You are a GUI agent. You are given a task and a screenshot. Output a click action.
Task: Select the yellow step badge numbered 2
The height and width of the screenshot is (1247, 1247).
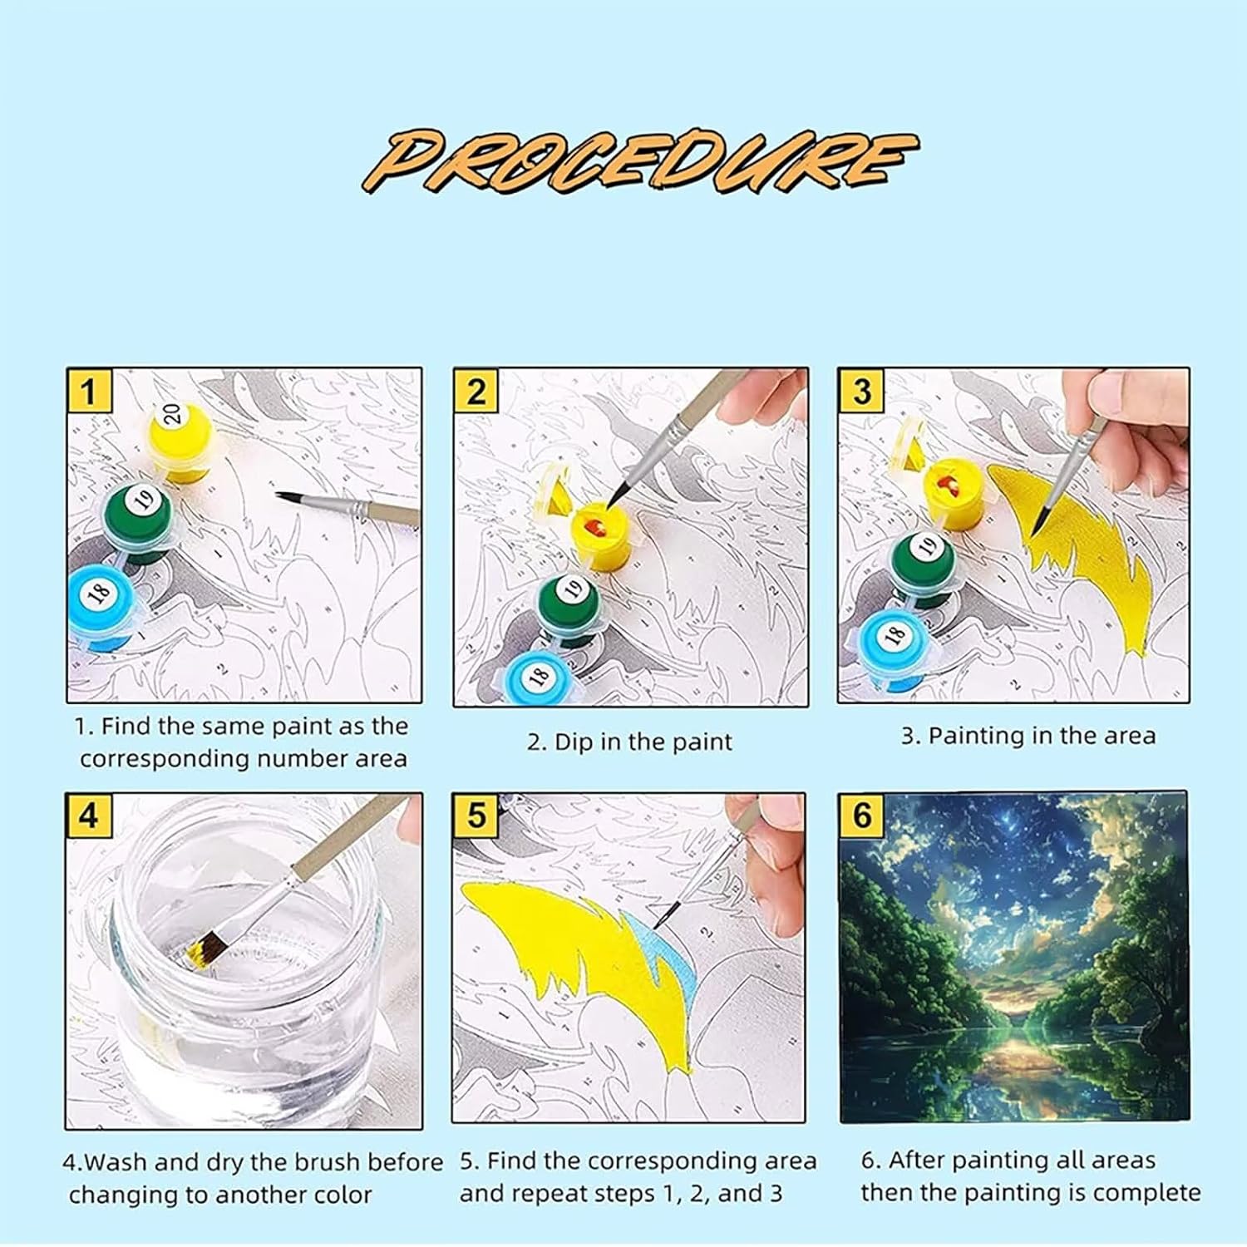(476, 391)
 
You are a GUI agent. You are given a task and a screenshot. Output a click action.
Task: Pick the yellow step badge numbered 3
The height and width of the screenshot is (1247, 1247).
(861, 391)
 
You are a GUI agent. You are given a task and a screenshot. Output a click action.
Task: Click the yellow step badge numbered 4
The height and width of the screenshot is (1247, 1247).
(88, 816)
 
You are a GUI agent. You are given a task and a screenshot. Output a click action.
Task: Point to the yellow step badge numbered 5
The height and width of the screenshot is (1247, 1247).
(476, 816)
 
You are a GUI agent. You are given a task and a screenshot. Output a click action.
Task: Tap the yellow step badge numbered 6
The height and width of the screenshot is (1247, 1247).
(861, 816)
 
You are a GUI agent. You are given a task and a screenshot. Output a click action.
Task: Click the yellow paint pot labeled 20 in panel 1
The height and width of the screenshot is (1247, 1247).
(180, 441)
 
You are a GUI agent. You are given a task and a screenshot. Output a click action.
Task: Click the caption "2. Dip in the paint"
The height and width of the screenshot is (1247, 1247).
(629, 742)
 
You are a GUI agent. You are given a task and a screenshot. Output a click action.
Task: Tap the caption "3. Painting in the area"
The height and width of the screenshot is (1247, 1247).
(1028, 736)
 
